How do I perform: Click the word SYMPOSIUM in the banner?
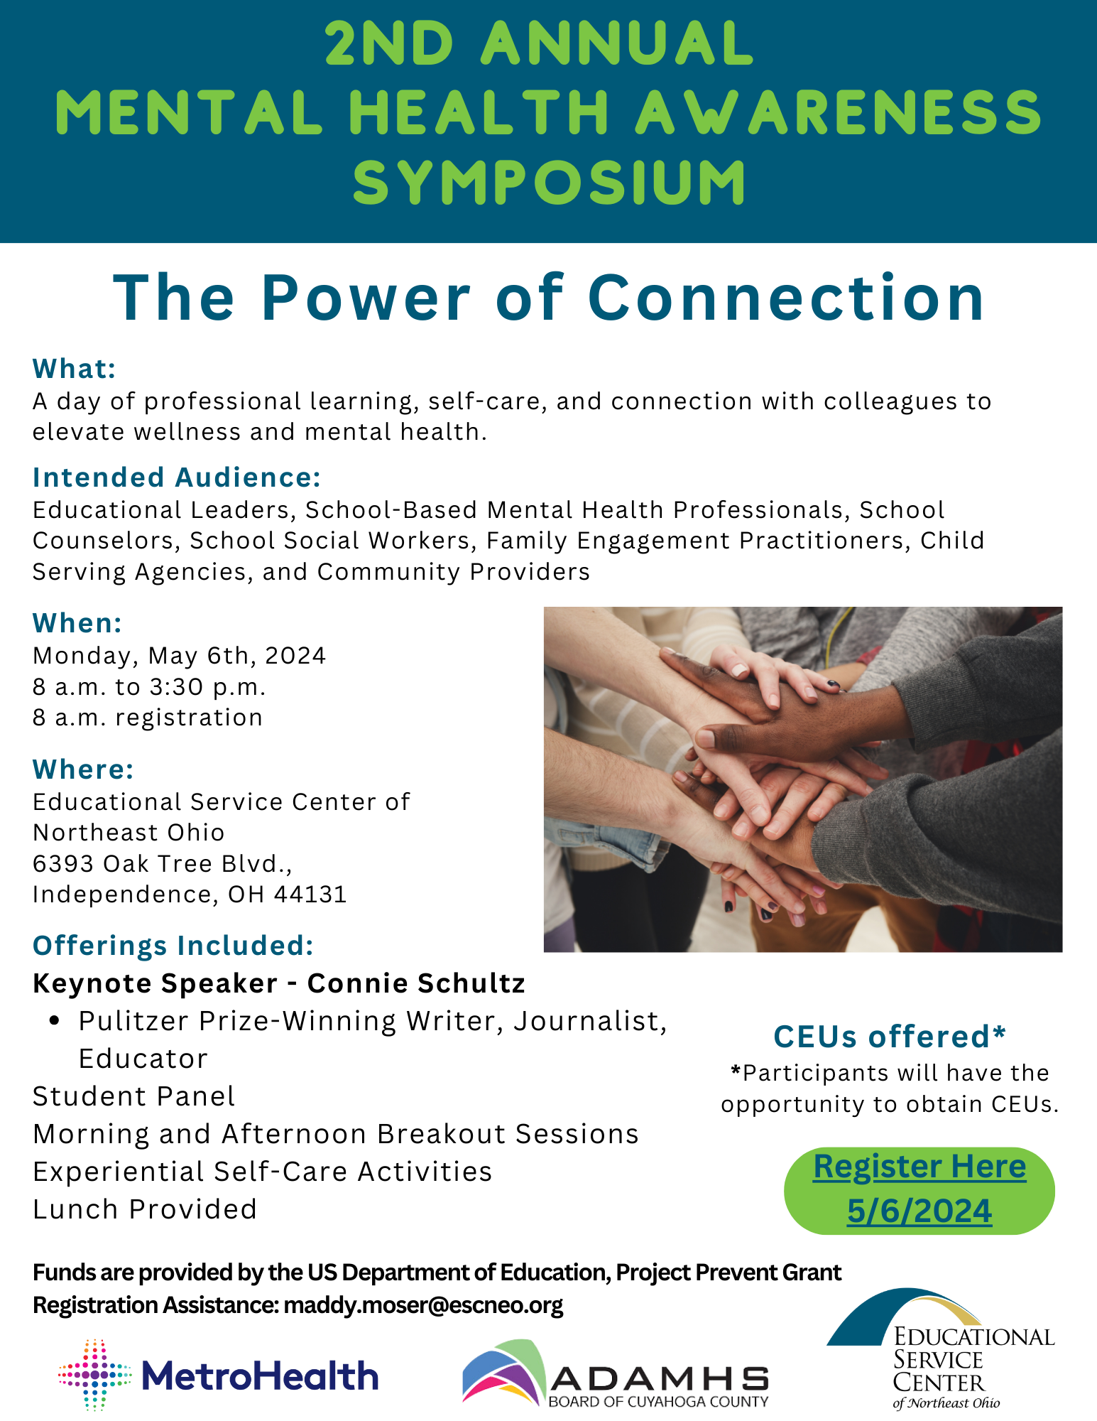(x=549, y=182)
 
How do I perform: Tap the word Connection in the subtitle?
(x=786, y=298)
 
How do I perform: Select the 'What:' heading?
(x=74, y=369)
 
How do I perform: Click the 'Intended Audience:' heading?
(x=177, y=477)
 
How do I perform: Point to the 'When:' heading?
(x=77, y=623)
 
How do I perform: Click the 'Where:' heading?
(x=83, y=769)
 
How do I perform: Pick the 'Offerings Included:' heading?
(x=173, y=946)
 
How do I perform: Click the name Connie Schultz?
(x=416, y=983)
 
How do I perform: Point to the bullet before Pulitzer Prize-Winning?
(x=55, y=1021)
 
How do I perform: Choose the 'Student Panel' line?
(x=134, y=1096)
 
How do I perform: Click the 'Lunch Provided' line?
(x=145, y=1209)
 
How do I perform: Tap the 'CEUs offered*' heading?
(x=890, y=1037)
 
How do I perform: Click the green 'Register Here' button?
(x=919, y=1191)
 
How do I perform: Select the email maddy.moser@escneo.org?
(x=423, y=1305)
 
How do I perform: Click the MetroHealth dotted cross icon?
(x=94, y=1375)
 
